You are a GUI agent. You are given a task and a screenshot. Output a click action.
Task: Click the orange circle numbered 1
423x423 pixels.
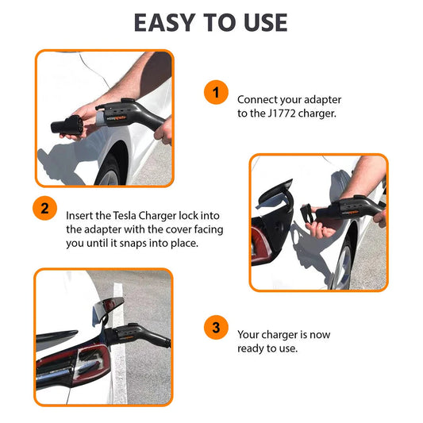(x=214, y=92)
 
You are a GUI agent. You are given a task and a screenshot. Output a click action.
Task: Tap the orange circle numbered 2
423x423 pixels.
(x=44, y=210)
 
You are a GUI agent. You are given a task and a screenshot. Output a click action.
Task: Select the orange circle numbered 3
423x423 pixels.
(x=214, y=328)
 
